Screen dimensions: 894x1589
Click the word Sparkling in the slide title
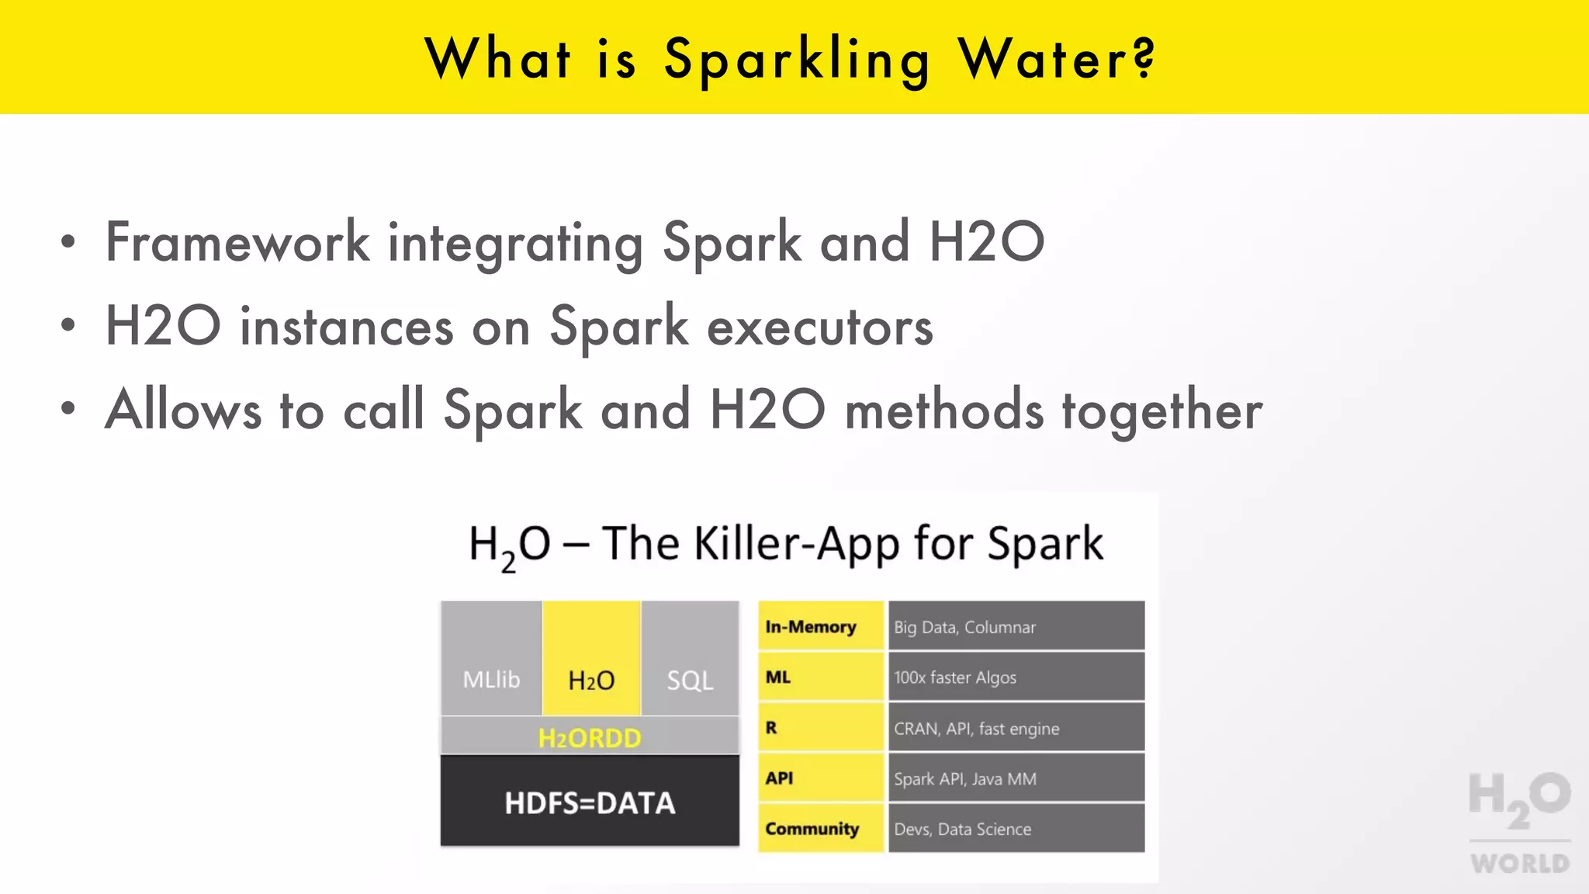(798, 61)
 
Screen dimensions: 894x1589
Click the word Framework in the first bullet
(237, 242)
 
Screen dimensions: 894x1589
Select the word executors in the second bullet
(820, 327)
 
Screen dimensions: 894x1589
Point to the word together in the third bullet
(1161, 411)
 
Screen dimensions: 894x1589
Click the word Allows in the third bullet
(183, 410)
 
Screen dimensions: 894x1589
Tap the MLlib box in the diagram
(491, 658)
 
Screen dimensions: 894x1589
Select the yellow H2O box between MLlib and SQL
(591, 658)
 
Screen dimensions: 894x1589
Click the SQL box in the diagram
(690, 658)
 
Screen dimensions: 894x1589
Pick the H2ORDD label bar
(590, 737)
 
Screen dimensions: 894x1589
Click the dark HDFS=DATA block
(590, 802)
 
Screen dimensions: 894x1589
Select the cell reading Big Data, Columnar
(1016, 626)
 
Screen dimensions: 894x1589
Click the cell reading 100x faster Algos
(1016, 677)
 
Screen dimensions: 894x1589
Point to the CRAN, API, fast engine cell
(1016, 728)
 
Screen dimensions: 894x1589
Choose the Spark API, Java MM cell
(1016, 778)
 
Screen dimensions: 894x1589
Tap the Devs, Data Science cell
(1016, 829)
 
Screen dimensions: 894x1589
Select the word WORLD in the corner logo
(1520, 863)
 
